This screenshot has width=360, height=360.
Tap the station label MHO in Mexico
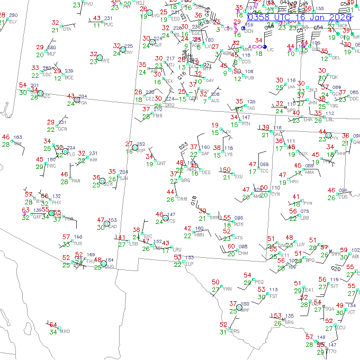pyautogui.click(x=65, y=331)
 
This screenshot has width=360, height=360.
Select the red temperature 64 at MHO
pyautogui.click(x=53, y=325)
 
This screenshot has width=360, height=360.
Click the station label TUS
pyautogui.click(x=78, y=244)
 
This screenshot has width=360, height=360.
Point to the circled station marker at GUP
pyautogui.click(x=135, y=147)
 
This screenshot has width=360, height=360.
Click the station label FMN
pyautogui.click(x=157, y=115)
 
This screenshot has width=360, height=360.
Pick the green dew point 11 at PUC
pyautogui.click(x=96, y=25)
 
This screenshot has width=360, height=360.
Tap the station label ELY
pyautogui.click(x=13, y=22)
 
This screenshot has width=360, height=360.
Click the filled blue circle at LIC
pyautogui.click(x=265, y=47)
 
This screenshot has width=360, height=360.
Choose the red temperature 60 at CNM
pyautogui.click(x=231, y=247)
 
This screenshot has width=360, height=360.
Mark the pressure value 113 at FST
pyautogui.click(x=273, y=290)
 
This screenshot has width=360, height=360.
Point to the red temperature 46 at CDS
pyautogui.click(x=331, y=191)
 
